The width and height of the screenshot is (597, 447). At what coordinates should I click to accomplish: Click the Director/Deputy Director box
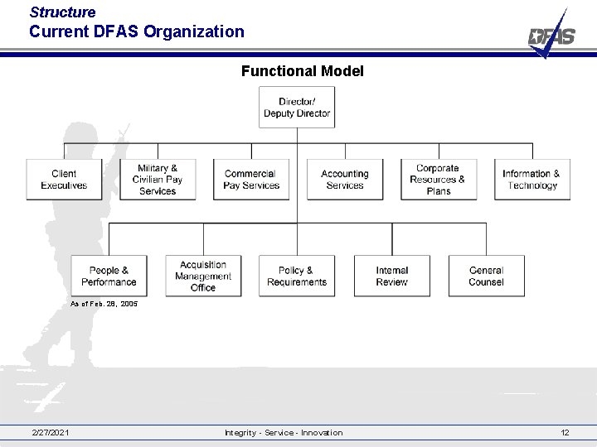297,108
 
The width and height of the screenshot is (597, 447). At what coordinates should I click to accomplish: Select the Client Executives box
64,180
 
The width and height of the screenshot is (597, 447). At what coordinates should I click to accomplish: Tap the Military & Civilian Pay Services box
158,180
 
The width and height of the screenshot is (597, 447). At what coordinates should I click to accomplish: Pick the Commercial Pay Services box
251,180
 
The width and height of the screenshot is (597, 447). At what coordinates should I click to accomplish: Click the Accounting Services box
345,180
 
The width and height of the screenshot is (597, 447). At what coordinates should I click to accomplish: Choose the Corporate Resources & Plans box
439,180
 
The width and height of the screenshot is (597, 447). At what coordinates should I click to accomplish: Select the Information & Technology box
531,180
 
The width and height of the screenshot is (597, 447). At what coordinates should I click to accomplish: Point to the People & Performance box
109,276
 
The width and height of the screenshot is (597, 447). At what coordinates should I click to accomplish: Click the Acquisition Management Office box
203,276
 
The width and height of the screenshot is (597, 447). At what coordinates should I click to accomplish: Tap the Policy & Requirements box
297,276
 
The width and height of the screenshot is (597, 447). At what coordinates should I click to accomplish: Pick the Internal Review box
392,276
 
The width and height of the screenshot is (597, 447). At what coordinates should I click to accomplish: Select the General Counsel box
486,276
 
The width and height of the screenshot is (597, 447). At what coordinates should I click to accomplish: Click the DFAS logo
551,35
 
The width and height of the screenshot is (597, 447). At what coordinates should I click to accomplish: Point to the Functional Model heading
302,71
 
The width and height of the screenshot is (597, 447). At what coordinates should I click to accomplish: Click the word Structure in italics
62,12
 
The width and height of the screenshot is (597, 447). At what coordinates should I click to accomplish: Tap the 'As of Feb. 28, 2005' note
104,305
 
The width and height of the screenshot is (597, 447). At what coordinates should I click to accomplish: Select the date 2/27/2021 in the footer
51,433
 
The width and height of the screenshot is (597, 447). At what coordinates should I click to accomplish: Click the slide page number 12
565,433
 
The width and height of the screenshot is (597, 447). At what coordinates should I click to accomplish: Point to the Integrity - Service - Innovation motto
283,433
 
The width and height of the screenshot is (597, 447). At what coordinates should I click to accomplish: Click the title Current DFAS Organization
137,32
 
